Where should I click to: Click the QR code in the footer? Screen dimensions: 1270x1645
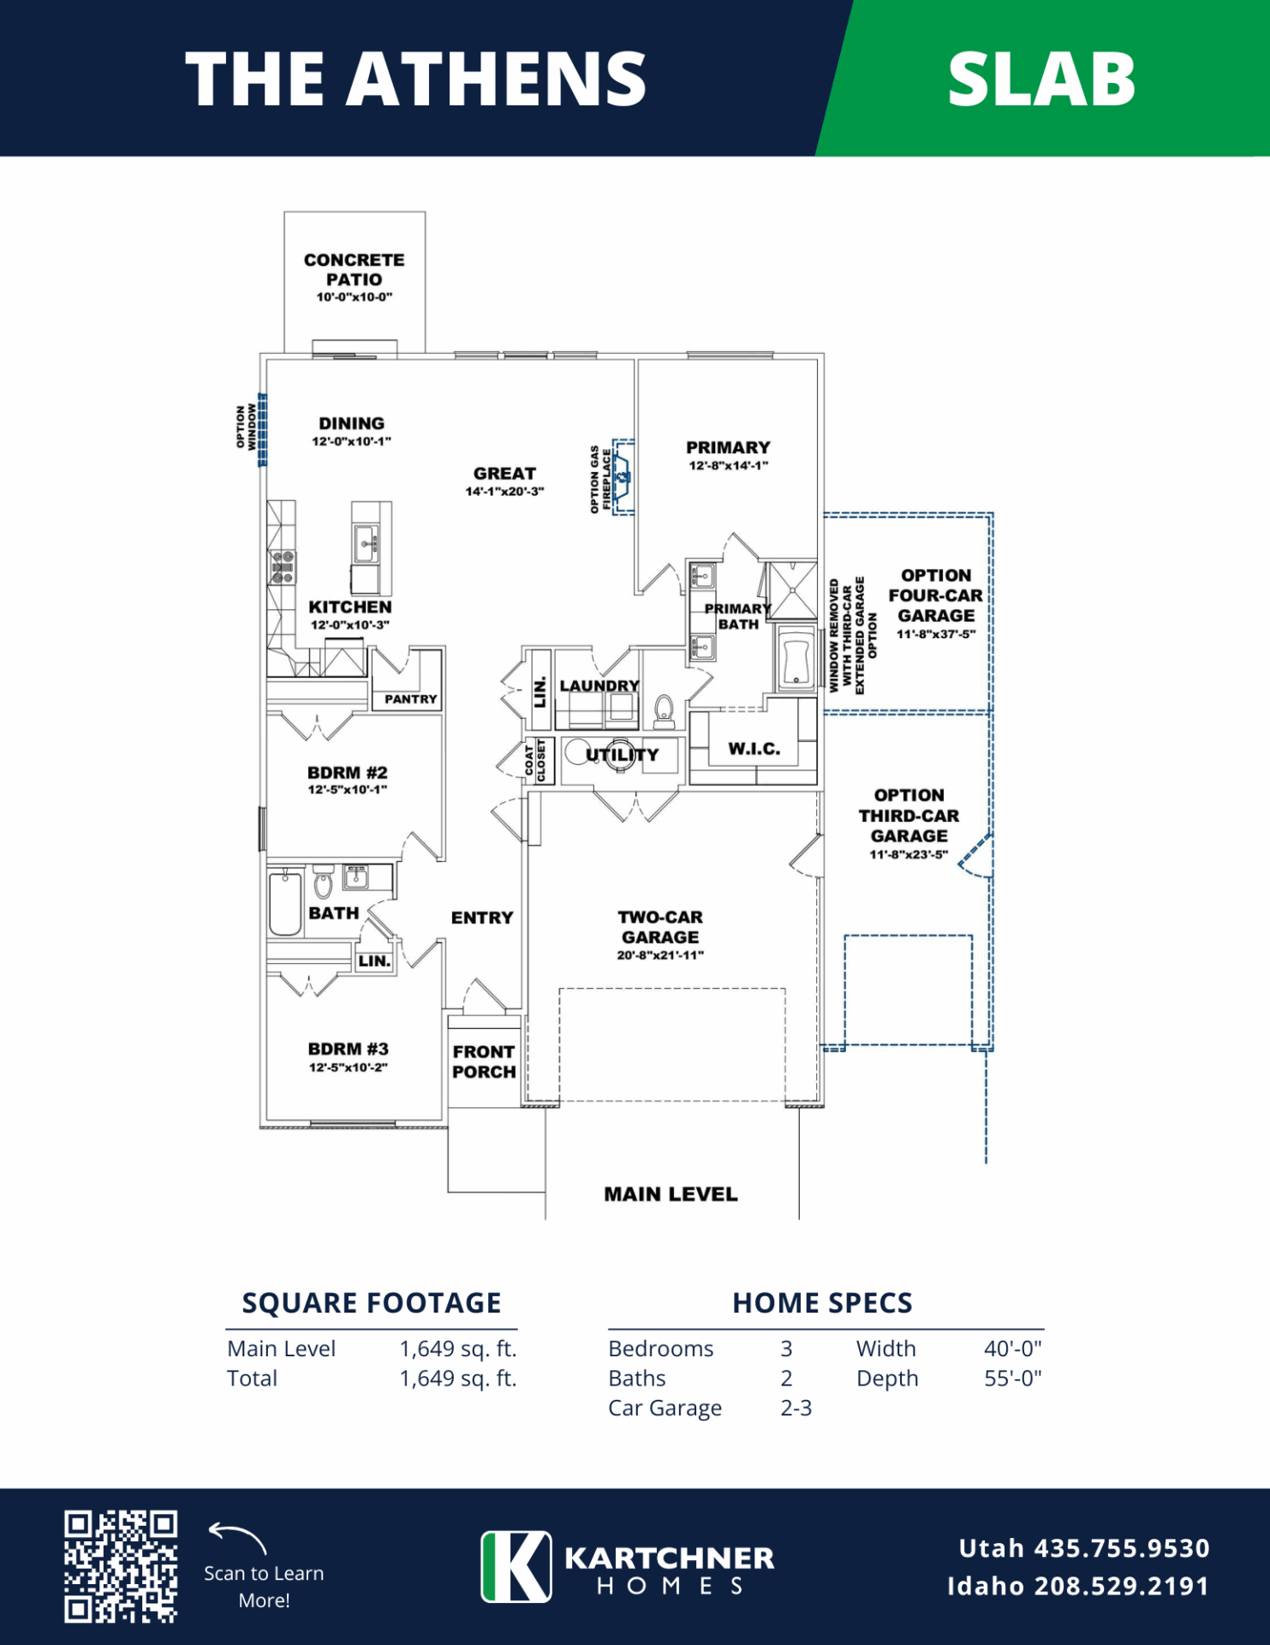tap(121, 1566)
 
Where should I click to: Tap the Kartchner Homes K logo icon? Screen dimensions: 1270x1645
tap(516, 1566)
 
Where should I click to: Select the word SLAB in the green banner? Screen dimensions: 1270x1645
tap(1041, 80)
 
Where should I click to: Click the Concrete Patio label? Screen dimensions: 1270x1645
tap(355, 269)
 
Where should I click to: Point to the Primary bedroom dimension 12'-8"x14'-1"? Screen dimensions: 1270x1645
tap(729, 465)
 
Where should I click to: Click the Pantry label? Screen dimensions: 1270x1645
tap(411, 699)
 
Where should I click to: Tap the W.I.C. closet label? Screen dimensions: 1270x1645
tap(754, 749)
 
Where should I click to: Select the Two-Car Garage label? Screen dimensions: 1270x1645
tap(660, 927)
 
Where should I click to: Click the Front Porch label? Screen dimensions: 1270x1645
tap(484, 1062)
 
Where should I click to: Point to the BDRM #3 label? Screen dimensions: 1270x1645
tap(349, 1049)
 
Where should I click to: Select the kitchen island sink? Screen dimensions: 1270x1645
tap(366, 543)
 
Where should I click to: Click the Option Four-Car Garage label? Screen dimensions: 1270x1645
tap(936, 595)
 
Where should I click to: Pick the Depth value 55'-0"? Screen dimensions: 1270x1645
tap(1013, 1379)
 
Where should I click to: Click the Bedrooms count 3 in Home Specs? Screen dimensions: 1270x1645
tap(786, 1349)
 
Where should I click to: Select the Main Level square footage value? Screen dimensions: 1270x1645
tap(458, 1349)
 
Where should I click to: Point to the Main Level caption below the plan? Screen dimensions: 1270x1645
tap(671, 1194)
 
